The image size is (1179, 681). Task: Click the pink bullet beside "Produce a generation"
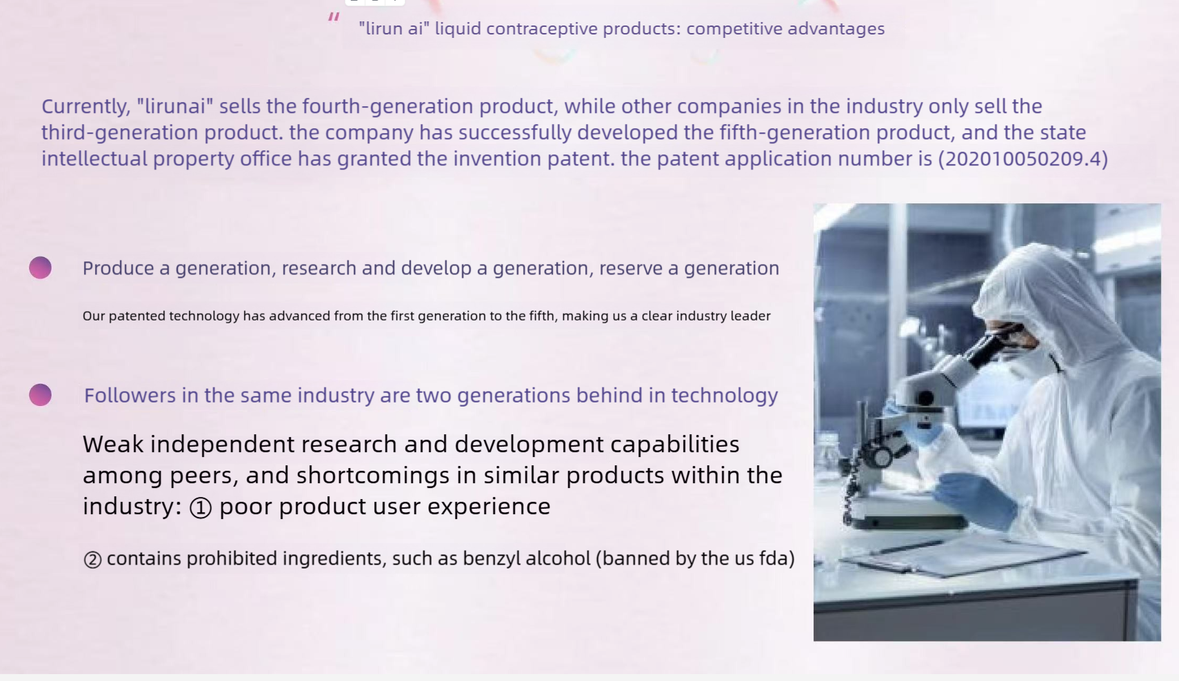click(41, 267)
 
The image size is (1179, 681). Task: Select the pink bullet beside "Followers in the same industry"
click(41, 395)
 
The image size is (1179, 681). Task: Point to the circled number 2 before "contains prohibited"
click(92, 560)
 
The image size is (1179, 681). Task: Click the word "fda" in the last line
click(773, 558)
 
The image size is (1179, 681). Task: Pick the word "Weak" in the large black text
click(113, 444)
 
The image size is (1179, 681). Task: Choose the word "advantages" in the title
click(836, 29)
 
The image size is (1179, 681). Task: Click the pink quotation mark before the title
click(334, 17)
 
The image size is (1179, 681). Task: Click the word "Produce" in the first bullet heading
click(119, 268)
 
